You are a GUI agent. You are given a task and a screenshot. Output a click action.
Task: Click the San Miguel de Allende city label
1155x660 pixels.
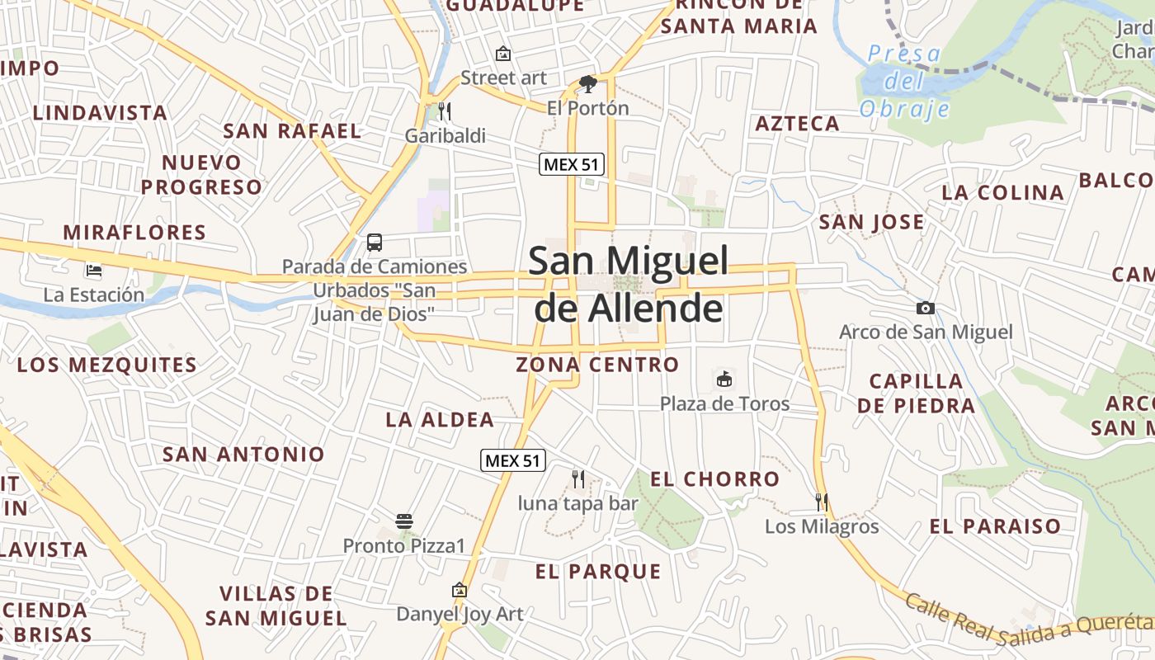point(629,285)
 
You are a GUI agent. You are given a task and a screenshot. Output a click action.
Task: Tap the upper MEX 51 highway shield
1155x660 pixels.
point(572,164)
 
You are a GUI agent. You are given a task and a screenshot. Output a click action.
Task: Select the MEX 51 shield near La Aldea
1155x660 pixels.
point(513,460)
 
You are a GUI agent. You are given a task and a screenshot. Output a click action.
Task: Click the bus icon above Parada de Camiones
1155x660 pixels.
point(375,243)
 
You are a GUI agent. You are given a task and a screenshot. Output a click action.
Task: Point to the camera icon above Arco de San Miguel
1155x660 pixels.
point(926,308)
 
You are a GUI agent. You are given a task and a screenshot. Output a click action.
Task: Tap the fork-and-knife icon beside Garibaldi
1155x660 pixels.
point(445,111)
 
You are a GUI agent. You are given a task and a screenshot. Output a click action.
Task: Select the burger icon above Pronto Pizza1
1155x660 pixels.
point(403,521)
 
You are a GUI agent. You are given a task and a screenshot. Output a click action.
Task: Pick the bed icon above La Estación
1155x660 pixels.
point(93,270)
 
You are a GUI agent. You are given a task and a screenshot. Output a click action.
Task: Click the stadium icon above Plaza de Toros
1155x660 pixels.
point(724,379)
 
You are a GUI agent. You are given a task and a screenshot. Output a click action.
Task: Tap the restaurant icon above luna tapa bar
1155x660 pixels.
point(578,478)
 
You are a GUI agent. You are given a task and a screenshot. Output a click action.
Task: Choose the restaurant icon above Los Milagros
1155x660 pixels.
point(821,502)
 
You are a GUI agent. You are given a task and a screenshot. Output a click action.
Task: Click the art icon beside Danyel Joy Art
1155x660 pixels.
point(460,590)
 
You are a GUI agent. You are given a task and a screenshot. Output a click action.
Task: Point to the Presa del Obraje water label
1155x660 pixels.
point(904,81)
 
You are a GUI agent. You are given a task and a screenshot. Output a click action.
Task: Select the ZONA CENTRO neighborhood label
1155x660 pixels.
point(597,364)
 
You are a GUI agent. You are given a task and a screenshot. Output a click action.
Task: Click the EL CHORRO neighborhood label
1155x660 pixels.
point(714,478)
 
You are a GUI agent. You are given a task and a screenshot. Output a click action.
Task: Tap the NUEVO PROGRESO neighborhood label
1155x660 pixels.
point(201,174)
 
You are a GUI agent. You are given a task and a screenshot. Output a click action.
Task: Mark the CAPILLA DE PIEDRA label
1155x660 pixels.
point(916,393)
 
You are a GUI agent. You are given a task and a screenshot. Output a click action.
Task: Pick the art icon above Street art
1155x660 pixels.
point(502,54)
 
